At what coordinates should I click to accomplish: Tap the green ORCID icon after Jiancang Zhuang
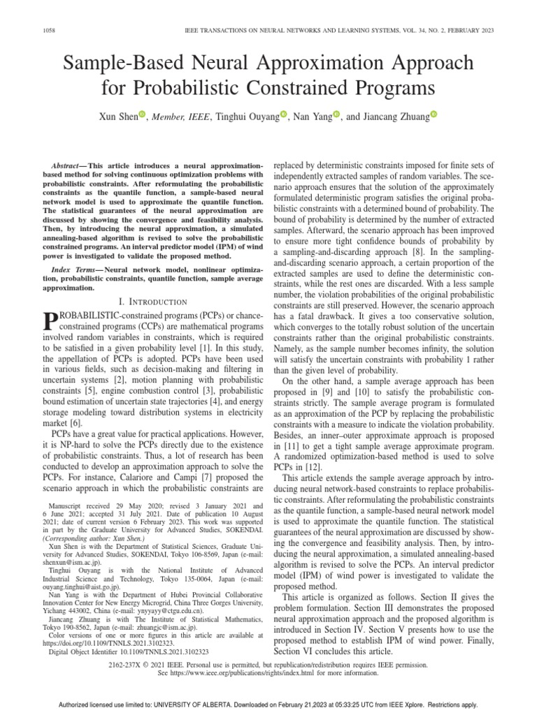click(x=433, y=115)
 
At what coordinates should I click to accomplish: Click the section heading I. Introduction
click(x=154, y=301)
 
